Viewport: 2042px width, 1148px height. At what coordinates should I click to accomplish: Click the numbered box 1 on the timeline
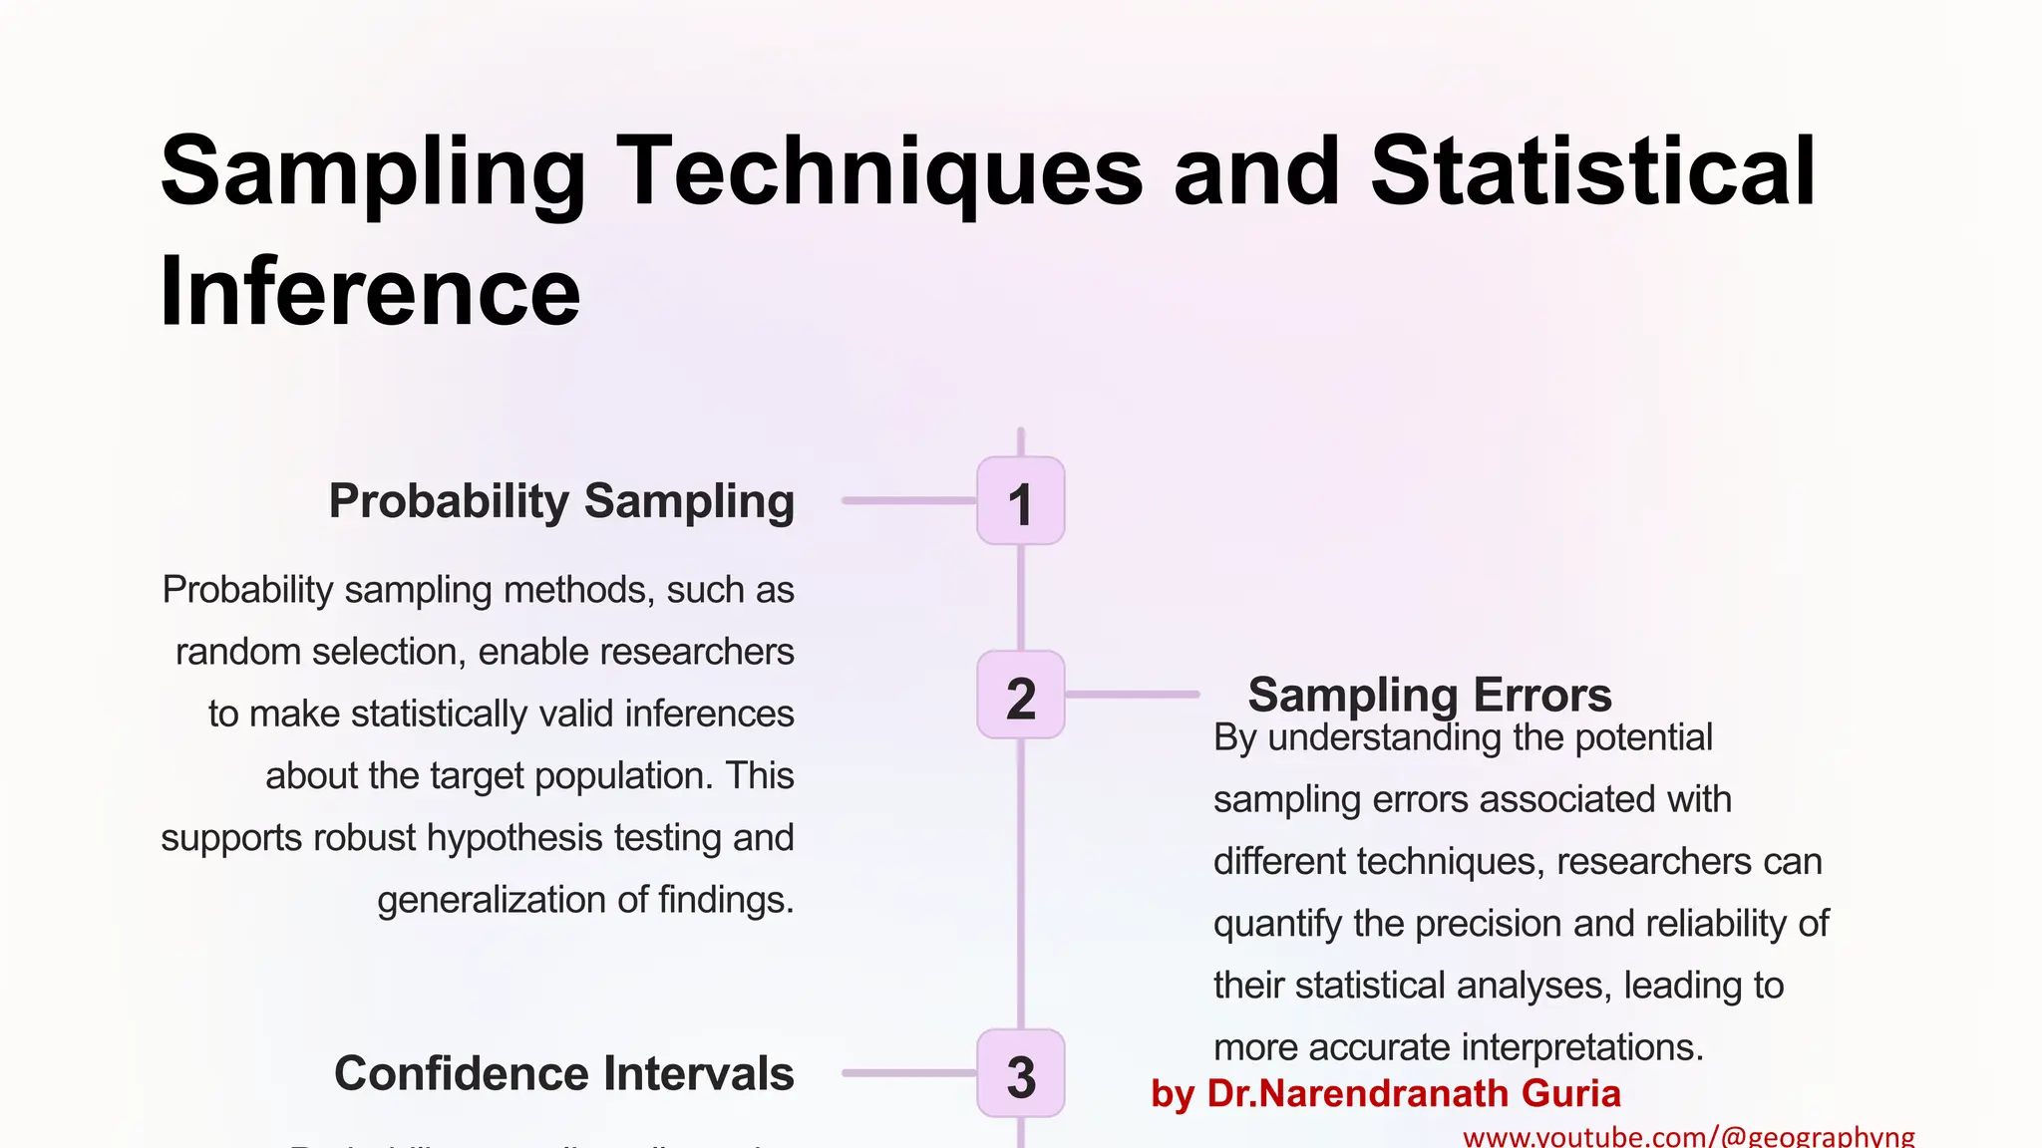pyautogui.click(x=1020, y=501)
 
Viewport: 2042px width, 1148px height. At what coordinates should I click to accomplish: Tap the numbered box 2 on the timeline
pyautogui.click(x=1020, y=696)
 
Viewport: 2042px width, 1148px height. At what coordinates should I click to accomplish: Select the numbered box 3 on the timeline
pyautogui.click(x=1020, y=1073)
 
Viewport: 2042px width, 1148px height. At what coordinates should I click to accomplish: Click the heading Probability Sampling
pyautogui.click(x=561, y=501)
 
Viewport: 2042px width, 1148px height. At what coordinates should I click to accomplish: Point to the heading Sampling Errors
pyautogui.click(x=1429, y=695)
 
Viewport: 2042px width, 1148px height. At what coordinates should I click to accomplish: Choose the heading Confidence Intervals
pyautogui.click(x=563, y=1073)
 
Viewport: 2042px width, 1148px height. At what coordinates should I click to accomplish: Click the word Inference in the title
pyautogui.click(x=370, y=291)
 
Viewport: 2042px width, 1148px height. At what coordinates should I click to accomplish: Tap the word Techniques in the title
pyautogui.click(x=879, y=171)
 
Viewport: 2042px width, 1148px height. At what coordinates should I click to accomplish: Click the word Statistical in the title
pyautogui.click(x=1592, y=171)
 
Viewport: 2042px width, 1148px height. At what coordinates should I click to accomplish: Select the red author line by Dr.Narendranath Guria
pyautogui.click(x=1385, y=1093)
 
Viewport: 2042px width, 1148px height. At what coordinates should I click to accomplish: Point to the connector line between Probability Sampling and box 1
pyautogui.click(x=908, y=500)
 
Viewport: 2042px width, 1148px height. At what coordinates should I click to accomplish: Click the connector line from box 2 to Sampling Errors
pyautogui.click(x=1132, y=694)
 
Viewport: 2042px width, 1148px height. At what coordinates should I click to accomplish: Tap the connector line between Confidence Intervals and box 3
pyautogui.click(x=908, y=1073)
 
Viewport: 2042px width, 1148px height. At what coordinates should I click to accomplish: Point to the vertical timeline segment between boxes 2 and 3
pyautogui.click(x=1020, y=882)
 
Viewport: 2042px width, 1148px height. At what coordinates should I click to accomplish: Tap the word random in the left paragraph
pyautogui.click(x=238, y=652)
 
